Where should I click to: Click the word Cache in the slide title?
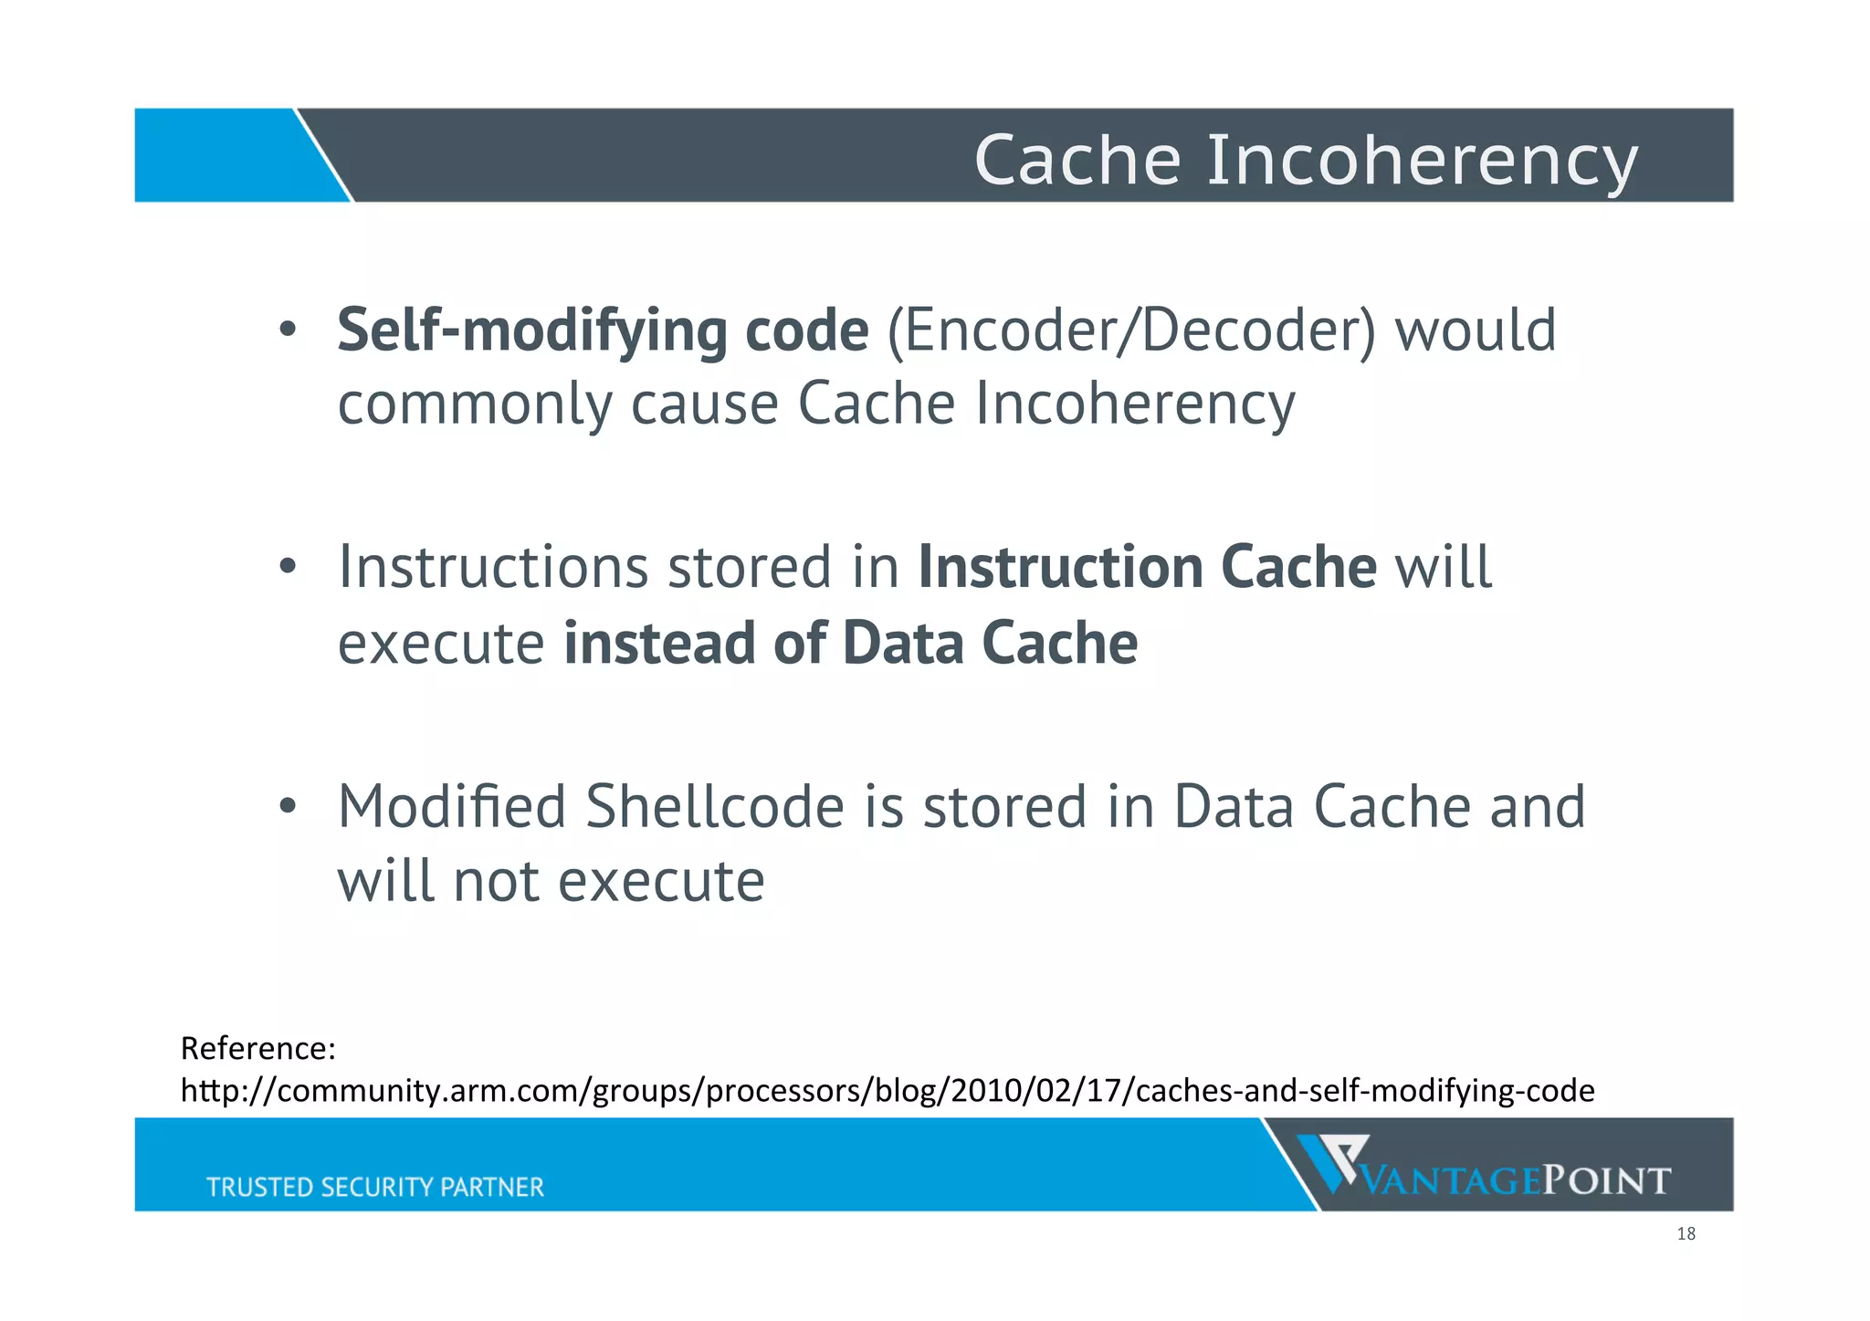coord(1077,160)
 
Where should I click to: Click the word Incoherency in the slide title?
coord(1423,162)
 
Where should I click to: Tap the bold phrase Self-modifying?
coord(531,330)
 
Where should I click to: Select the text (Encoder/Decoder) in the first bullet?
coord(1130,330)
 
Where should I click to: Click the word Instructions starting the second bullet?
coord(493,567)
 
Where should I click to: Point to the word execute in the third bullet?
coord(661,882)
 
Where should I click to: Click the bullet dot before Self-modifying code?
coord(288,330)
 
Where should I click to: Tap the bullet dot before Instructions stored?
coord(288,567)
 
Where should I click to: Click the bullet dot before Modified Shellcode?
coord(288,806)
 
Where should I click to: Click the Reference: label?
coord(258,1048)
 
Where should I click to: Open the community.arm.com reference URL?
coord(887,1091)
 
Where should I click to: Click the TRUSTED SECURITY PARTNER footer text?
coord(374,1187)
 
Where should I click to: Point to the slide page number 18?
coord(1686,1234)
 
